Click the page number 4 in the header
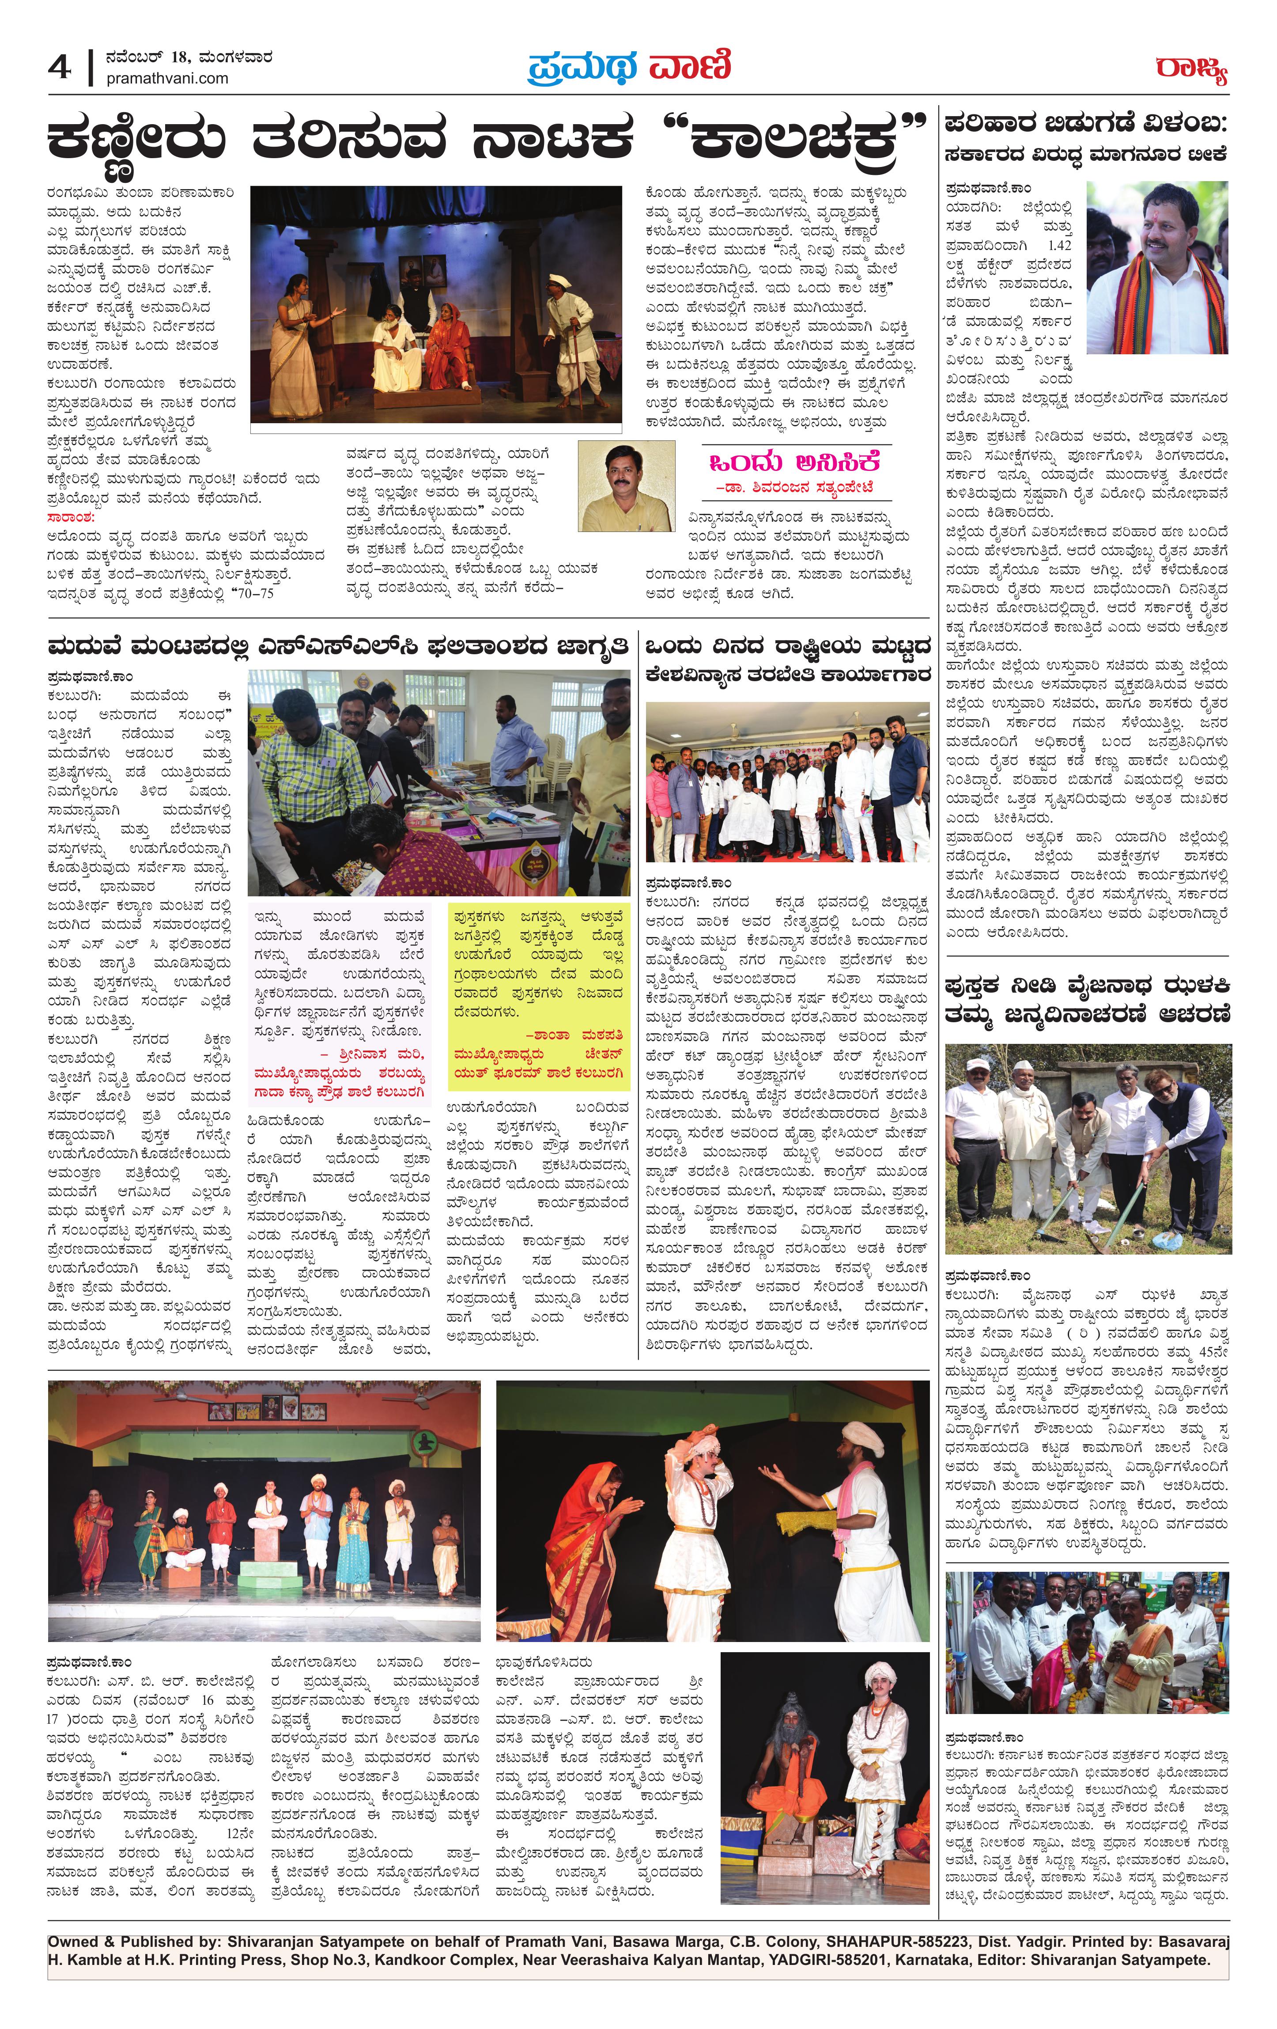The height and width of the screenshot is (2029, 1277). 59,68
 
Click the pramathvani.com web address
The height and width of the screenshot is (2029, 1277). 167,78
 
